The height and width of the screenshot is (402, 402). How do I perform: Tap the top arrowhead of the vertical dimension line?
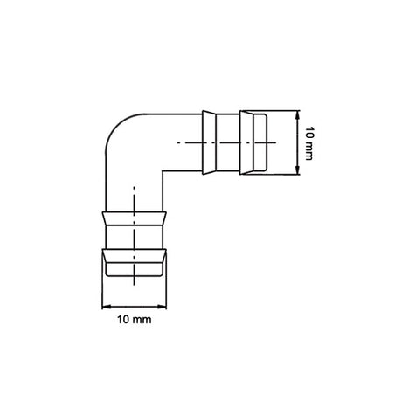[298, 112]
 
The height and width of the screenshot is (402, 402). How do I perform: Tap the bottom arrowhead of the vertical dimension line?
[298, 173]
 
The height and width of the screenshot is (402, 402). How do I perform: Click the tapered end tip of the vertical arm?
[135, 278]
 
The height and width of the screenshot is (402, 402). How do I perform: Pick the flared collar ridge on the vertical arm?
[135, 215]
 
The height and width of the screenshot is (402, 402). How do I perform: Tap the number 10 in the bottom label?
[122, 321]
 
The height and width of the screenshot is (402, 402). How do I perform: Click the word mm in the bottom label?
[142, 321]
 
